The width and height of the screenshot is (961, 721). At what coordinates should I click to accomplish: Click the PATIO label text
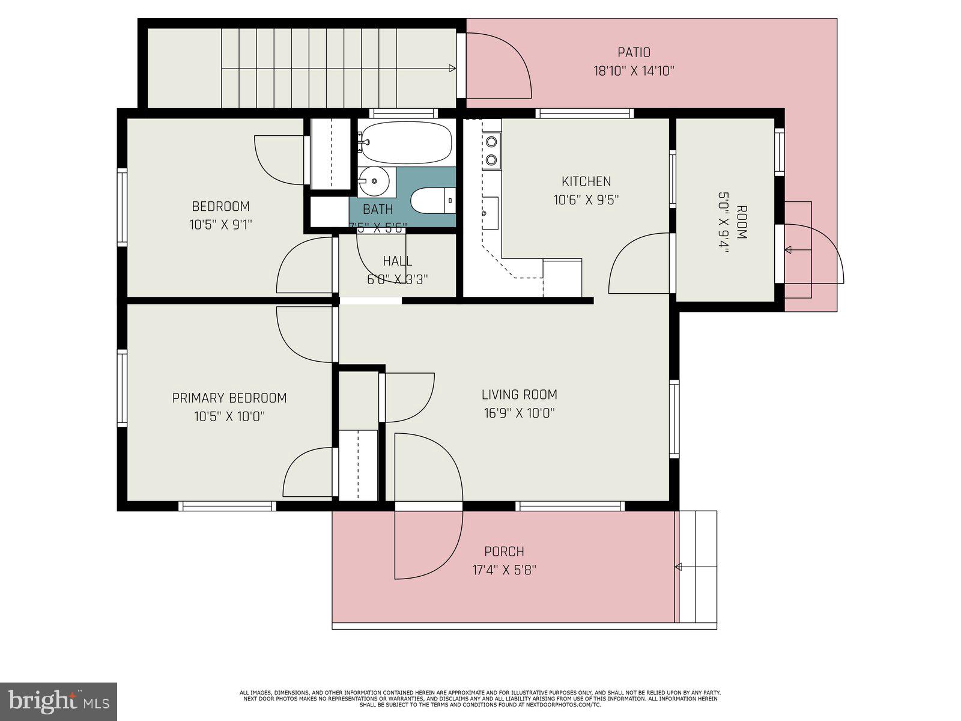[x=634, y=53]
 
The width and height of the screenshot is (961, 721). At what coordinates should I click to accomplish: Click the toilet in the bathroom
[x=433, y=200]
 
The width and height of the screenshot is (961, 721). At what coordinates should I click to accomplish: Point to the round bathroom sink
[x=374, y=181]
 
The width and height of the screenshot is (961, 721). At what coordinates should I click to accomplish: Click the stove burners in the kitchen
[x=491, y=151]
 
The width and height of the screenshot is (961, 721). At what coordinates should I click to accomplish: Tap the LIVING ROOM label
[x=519, y=395]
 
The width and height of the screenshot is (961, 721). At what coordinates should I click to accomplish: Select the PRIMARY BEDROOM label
[x=229, y=398]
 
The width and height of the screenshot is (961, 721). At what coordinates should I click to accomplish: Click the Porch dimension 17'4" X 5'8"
[x=504, y=570]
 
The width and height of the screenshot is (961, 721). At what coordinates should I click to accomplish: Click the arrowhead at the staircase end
[x=452, y=68]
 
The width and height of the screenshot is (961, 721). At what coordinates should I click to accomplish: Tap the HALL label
[x=397, y=261]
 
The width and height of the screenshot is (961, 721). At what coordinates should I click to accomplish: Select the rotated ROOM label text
[x=741, y=222]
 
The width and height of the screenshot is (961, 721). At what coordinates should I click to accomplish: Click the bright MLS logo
[x=58, y=701]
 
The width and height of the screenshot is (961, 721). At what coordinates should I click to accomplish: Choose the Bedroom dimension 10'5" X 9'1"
[x=220, y=225]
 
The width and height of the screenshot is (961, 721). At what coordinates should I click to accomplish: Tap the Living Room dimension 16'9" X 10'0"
[x=519, y=413]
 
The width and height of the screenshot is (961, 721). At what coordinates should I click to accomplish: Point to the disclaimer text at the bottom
[x=480, y=698]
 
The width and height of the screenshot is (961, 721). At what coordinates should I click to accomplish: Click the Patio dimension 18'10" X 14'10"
[x=634, y=71]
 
